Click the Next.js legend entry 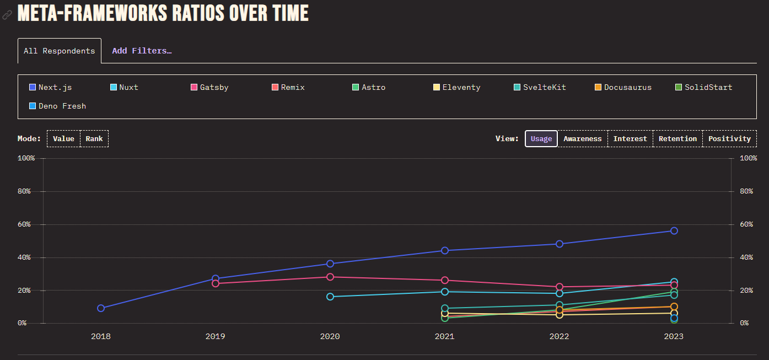[x=50, y=87]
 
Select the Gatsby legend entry [x=209, y=87]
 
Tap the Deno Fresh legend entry [x=58, y=106]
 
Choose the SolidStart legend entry [x=704, y=87]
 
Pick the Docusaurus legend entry [x=623, y=87]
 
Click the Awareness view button [x=582, y=139]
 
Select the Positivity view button [x=729, y=139]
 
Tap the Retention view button [x=677, y=139]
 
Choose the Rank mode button [x=94, y=139]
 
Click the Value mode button [x=63, y=139]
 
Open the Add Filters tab [x=142, y=51]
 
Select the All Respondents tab [x=60, y=51]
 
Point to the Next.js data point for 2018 [x=101, y=308]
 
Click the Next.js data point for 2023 [x=674, y=230]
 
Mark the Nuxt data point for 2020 [x=330, y=297]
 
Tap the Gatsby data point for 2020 [x=330, y=277]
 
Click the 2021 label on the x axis [x=444, y=336]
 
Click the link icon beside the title [x=7, y=14]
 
